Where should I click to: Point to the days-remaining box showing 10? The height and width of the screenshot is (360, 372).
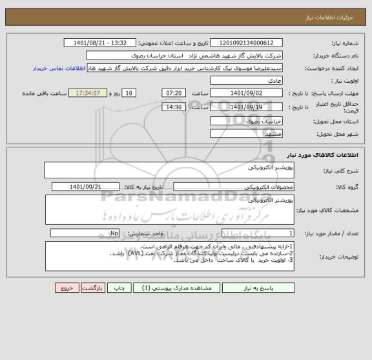pos(129,93)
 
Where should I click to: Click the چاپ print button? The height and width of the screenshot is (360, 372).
pos(118,288)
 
